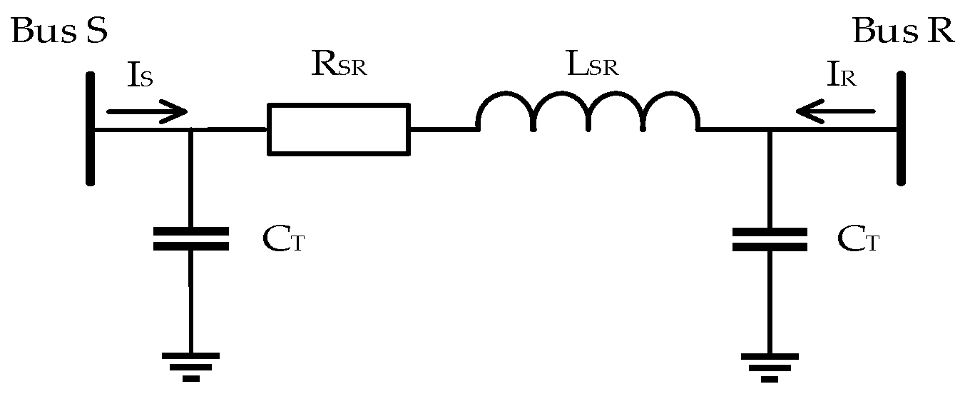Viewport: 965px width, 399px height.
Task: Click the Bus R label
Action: point(903,32)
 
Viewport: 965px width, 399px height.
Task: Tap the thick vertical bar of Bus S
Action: point(91,128)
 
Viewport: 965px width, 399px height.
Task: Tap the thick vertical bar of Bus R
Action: point(902,128)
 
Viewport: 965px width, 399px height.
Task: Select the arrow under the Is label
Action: point(146,112)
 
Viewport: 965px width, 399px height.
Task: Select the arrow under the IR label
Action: point(835,111)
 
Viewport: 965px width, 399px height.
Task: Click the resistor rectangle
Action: point(339,129)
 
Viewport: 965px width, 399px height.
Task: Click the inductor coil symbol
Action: point(588,114)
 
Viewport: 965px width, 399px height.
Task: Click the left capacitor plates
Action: point(190,239)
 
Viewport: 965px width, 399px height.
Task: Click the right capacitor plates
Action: point(770,239)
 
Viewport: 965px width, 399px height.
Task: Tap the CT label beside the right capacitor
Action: point(858,241)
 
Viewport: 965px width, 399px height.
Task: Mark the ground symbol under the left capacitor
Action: point(190,366)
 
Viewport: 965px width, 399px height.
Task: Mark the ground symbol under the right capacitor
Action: point(770,366)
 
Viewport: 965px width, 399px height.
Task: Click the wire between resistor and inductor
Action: point(443,129)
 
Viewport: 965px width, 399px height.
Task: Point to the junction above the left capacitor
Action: point(190,130)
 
